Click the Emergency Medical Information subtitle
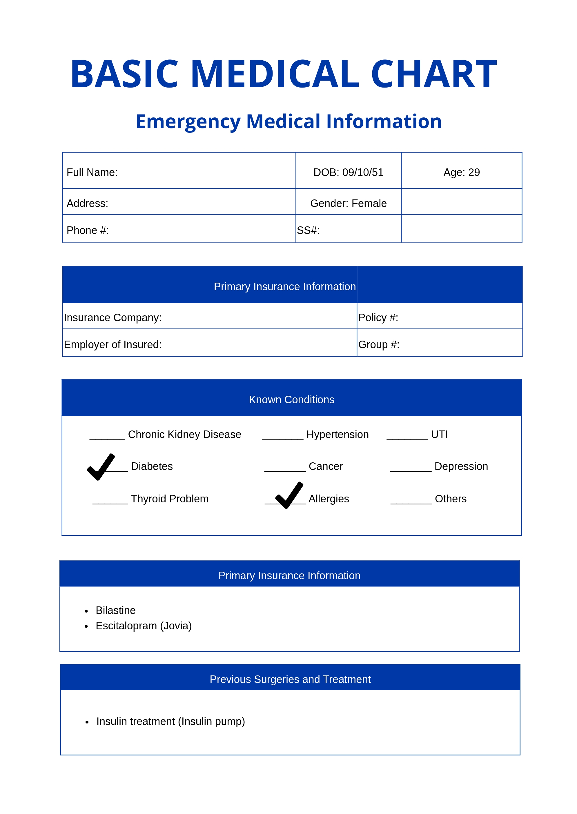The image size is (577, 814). tap(288, 121)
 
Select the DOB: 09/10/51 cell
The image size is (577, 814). tap(348, 172)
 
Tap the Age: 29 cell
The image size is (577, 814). tap(461, 172)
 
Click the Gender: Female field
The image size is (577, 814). tap(348, 203)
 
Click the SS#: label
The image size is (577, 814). tap(308, 230)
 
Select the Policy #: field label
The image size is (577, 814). tap(378, 317)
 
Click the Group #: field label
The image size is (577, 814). tap(379, 344)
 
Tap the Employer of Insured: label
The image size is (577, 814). tap(113, 344)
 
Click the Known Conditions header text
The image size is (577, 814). tap(291, 399)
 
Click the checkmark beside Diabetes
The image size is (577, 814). tap(101, 467)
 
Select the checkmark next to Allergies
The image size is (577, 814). tap(289, 495)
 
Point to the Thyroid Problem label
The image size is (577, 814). tap(170, 499)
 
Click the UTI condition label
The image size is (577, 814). tap(439, 434)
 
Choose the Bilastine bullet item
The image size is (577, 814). tap(115, 610)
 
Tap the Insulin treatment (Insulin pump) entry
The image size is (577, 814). tap(170, 721)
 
